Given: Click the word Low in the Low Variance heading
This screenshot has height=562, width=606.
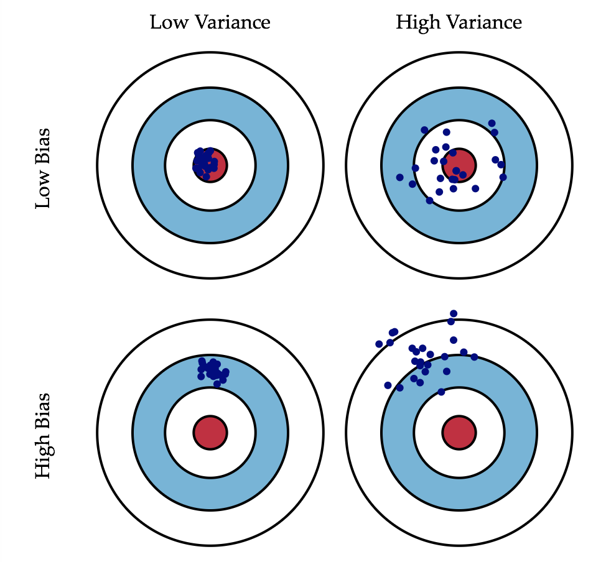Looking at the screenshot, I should (167, 23).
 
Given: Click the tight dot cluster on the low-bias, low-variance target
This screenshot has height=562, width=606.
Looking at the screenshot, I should (205, 163).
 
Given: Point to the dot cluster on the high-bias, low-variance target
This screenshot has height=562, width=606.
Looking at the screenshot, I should (212, 370).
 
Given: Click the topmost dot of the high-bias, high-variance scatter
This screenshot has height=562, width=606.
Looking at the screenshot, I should (454, 313).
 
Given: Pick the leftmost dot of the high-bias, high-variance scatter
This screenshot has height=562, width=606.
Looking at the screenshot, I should (379, 344).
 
